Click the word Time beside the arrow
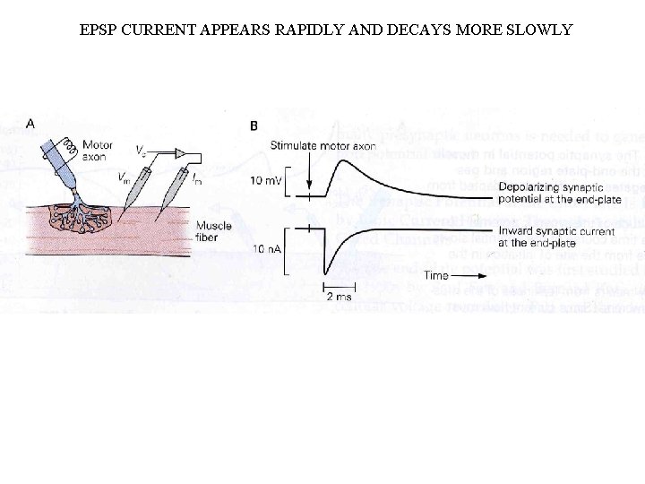point(436,275)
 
